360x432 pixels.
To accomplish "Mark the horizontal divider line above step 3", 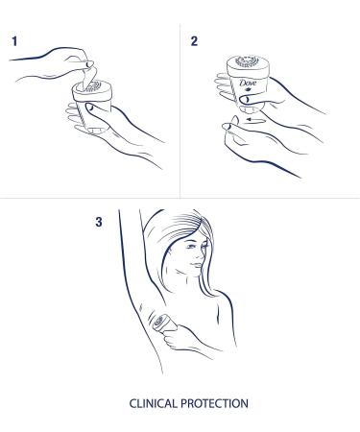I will click(180, 199).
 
